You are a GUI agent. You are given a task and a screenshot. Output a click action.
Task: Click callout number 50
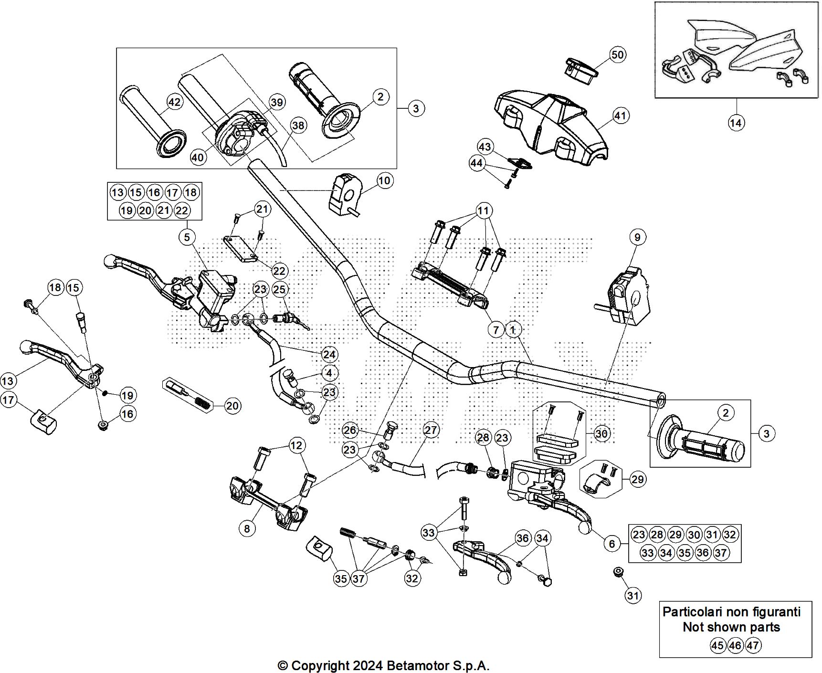617,55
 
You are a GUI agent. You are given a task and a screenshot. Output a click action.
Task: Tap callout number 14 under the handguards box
736,123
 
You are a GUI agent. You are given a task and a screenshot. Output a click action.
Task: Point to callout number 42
174,102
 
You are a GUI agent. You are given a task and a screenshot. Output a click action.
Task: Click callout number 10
384,180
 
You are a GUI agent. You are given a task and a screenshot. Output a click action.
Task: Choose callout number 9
637,237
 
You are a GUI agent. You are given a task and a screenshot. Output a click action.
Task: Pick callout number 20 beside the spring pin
232,406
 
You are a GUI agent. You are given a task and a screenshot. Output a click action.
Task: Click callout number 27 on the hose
431,430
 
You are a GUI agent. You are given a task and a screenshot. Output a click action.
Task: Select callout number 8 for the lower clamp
247,528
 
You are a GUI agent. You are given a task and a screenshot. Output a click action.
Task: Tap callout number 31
632,595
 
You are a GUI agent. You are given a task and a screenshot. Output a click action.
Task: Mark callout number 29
637,479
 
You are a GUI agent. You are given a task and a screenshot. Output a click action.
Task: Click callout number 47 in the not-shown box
753,645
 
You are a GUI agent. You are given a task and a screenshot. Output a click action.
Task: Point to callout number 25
279,289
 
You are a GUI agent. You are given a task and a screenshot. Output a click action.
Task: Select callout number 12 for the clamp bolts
296,445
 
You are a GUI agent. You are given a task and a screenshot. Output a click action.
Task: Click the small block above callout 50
581,69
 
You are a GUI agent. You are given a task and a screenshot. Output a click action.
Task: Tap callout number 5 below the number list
187,237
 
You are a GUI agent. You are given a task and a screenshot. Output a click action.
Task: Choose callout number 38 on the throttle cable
298,126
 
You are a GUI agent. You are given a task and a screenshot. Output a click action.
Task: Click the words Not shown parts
731,627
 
